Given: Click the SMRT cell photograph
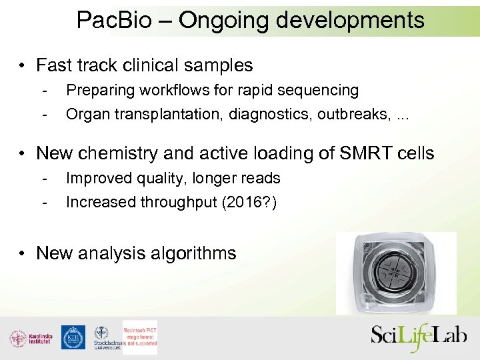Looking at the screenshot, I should point(396,273).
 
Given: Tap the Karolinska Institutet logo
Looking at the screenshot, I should point(30,337).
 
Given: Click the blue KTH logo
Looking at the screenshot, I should point(73,337).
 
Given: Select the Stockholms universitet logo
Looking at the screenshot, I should point(105,337).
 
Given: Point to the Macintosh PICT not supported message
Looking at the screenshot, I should point(140,337).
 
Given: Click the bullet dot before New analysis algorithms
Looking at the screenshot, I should point(23,254).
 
